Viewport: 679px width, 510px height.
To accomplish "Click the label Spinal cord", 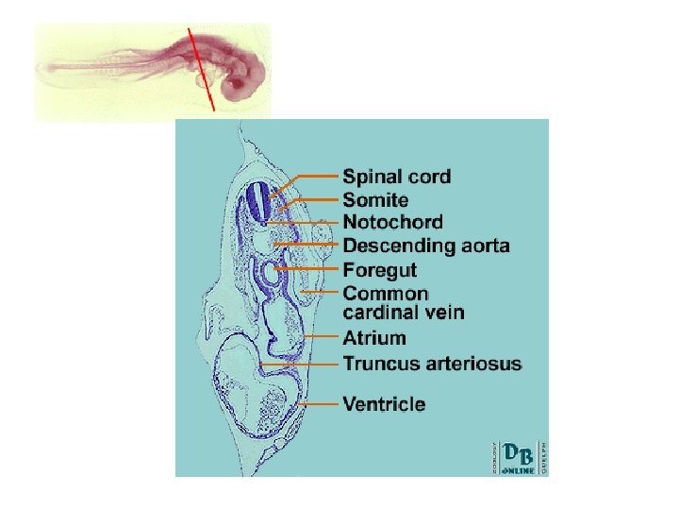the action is click(396, 177).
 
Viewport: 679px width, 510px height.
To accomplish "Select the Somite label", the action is click(375, 200).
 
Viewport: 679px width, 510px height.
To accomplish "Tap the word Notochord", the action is click(392, 223).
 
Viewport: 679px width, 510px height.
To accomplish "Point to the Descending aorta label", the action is click(426, 246).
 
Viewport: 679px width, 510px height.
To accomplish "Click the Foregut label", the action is click(379, 270).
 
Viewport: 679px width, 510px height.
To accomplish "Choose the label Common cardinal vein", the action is click(404, 303).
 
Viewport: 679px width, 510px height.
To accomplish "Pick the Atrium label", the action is click(374, 338).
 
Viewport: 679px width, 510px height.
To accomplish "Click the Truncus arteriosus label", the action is click(432, 364).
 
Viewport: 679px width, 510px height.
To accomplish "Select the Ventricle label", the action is click(384, 404).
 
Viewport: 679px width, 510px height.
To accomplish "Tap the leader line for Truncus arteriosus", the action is click(302, 364).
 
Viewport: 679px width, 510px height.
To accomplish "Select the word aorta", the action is click(483, 246).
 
